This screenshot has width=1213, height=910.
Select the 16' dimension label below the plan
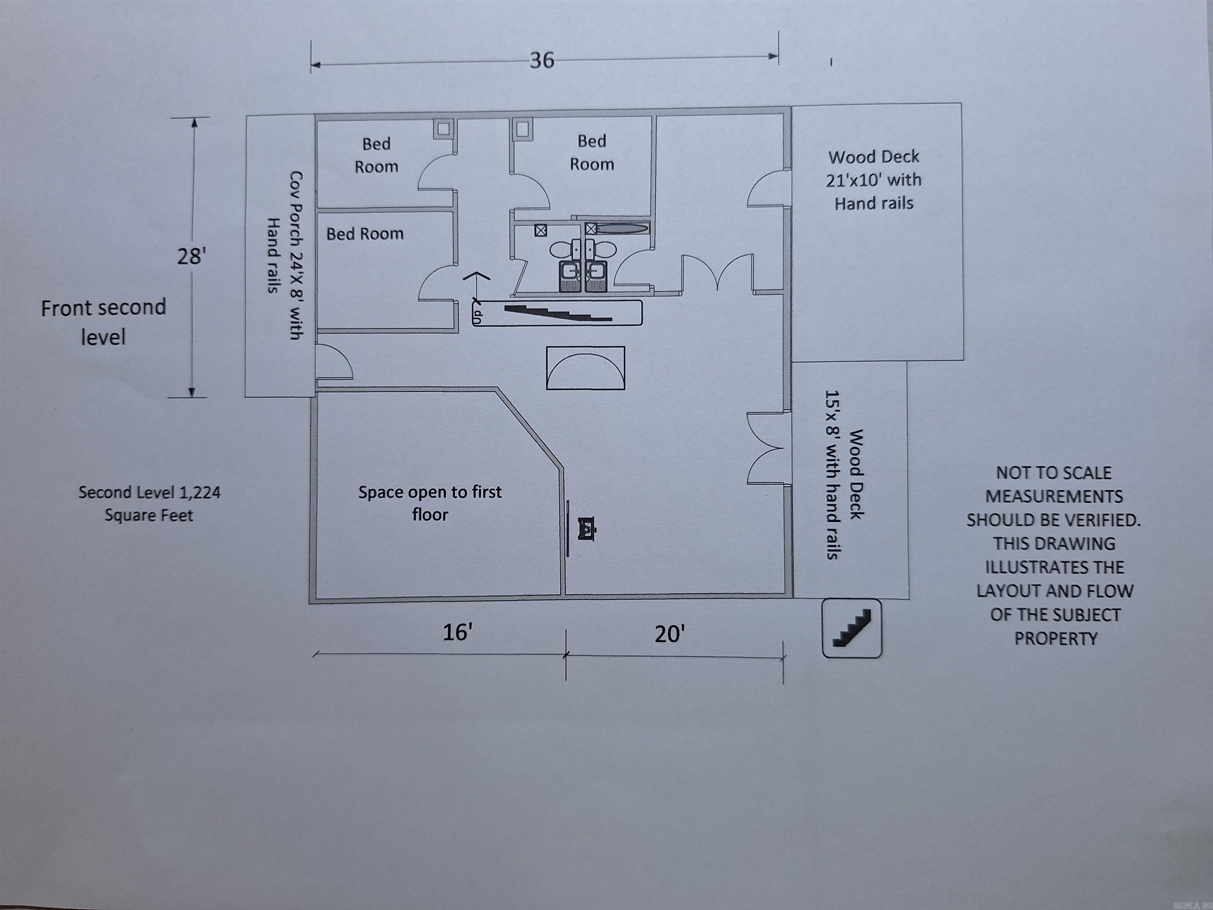457,632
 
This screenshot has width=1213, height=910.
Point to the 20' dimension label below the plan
670,635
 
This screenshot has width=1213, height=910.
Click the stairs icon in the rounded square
852,628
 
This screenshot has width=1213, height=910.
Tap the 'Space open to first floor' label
430,503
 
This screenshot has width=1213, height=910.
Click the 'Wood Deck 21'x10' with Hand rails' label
873,180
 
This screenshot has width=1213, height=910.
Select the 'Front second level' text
103,322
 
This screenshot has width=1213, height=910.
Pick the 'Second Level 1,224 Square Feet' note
149,504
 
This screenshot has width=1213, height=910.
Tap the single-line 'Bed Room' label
365,234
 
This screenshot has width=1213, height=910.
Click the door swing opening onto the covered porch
333,362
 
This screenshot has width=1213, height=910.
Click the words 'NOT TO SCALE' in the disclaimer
1053,473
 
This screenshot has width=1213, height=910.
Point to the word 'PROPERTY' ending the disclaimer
1055,639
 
